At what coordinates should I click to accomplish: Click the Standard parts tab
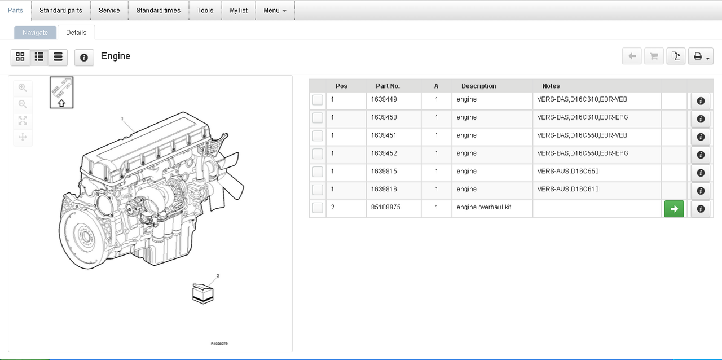[61, 11]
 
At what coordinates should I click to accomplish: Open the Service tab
[109, 11]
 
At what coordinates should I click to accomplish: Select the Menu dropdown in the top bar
[275, 11]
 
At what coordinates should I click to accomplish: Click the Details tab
[76, 33]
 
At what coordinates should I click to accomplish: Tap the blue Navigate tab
[35, 33]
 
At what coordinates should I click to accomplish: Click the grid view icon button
[20, 57]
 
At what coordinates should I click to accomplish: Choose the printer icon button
[701, 56]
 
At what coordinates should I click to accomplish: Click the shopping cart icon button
[654, 56]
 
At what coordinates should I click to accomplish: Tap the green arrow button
[674, 209]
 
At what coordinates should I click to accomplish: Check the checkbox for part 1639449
[318, 100]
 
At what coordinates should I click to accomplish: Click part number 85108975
[385, 207]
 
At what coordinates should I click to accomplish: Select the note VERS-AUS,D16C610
[568, 189]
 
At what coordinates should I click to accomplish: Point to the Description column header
[479, 86]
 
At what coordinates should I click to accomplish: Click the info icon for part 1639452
[701, 155]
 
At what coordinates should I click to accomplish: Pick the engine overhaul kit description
[484, 207]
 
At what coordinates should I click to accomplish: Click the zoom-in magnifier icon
[23, 87]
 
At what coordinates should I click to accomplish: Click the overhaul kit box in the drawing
[202, 293]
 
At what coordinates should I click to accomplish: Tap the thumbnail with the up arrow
[61, 93]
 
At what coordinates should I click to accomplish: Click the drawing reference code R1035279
[219, 344]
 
